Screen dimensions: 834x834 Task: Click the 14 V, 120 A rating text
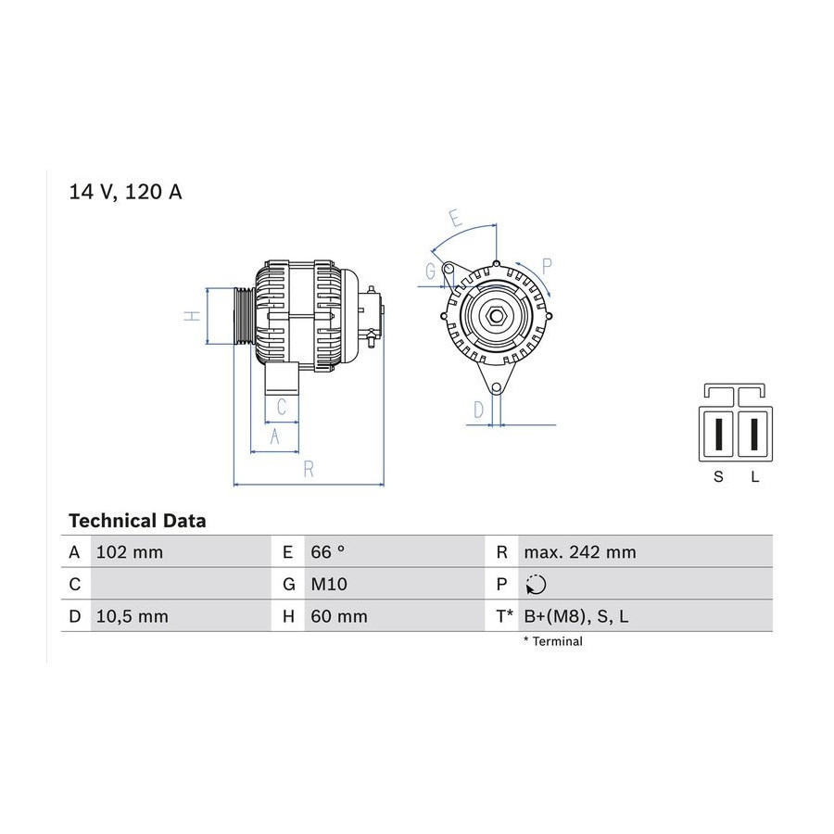point(125,192)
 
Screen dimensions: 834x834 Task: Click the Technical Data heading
point(137,521)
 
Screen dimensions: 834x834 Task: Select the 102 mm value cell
point(129,552)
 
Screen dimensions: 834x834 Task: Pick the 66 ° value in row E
point(328,552)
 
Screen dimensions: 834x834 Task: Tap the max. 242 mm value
point(580,552)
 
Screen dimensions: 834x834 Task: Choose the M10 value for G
point(329,585)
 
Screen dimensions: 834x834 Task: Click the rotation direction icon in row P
point(536,585)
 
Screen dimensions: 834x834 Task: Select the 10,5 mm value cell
point(132,616)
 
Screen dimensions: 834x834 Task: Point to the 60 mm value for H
point(339,616)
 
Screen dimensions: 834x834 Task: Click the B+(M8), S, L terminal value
point(576,616)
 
